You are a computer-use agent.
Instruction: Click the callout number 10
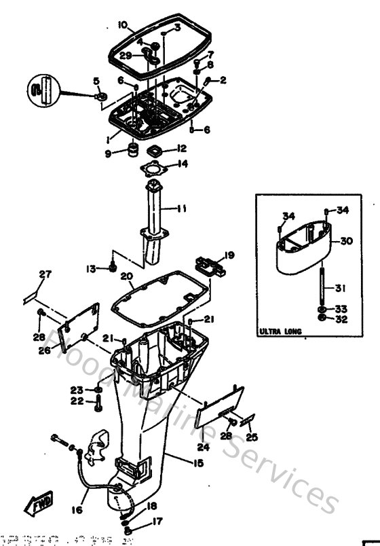click(x=122, y=25)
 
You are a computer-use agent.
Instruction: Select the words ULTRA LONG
click(x=280, y=333)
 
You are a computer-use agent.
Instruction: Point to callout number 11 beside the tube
click(x=181, y=208)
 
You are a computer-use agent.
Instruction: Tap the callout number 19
click(x=229, y=255)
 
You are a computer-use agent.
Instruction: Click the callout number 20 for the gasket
click(x=126, y=276)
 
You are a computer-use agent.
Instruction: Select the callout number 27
click(x=45, y=274)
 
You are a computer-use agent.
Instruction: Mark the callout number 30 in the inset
click(x=346, y=241)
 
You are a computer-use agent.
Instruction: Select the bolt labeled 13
click(x=113, y=268)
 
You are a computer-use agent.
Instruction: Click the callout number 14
click(x=183, y=164)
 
